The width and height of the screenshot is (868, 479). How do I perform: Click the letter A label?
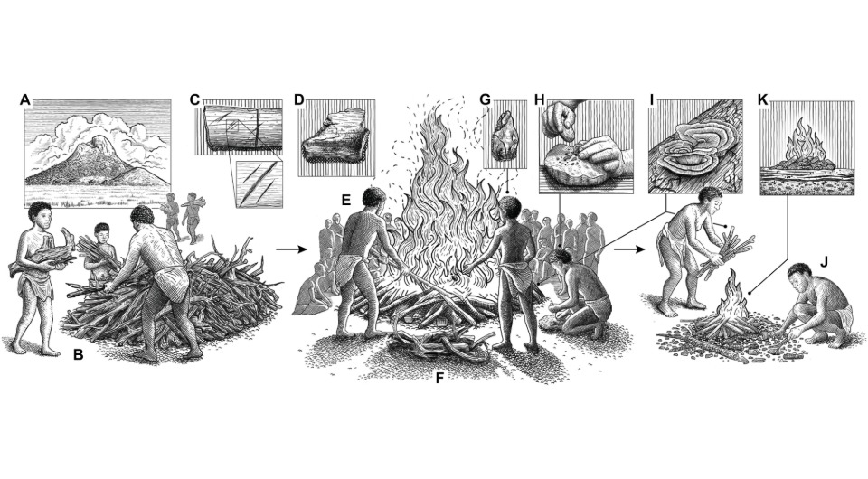(x=24, y=100)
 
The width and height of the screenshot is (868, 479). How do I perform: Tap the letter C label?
(x=194, y=99)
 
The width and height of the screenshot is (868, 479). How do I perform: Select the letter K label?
(x=763, y=99)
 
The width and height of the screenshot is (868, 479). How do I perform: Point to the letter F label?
(x=440, y=379)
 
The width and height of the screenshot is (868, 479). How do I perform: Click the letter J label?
(x=824, y=261)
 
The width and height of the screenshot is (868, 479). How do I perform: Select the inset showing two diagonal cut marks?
(x=259, y=184)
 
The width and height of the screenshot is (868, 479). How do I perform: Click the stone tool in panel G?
(x=504, y=136)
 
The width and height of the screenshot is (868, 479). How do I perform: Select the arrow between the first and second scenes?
(x=291, y=249)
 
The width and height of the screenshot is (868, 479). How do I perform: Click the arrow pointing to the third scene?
(x=629, y=249)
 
